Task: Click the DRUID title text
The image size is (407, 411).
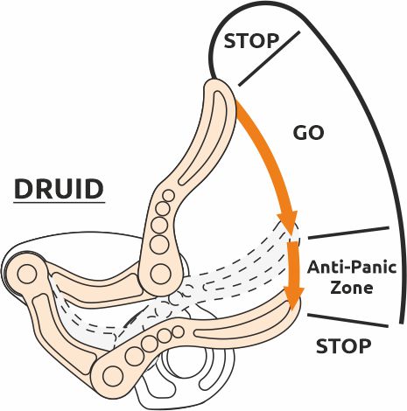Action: click(59, 189)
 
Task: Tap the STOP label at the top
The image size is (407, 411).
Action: click(251, 41)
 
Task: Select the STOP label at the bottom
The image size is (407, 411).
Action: click(344, 346)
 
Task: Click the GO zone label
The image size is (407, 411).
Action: click(308, 133)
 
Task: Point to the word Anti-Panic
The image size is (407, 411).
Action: click(352, 268)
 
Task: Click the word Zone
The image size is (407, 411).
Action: click(352, 288)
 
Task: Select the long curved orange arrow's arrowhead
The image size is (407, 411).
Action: click(287, 222)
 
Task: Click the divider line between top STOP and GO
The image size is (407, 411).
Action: click(269, 59)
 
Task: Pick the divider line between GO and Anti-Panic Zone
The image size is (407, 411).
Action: click(348, 233)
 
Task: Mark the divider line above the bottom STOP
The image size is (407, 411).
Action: click(347, 321)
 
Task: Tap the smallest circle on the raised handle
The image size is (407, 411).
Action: click(169, 196)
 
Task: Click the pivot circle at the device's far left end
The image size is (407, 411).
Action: click(27, 274)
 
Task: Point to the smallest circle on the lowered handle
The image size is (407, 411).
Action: click(178, 331)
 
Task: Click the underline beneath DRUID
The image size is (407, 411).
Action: click(60, 202)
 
